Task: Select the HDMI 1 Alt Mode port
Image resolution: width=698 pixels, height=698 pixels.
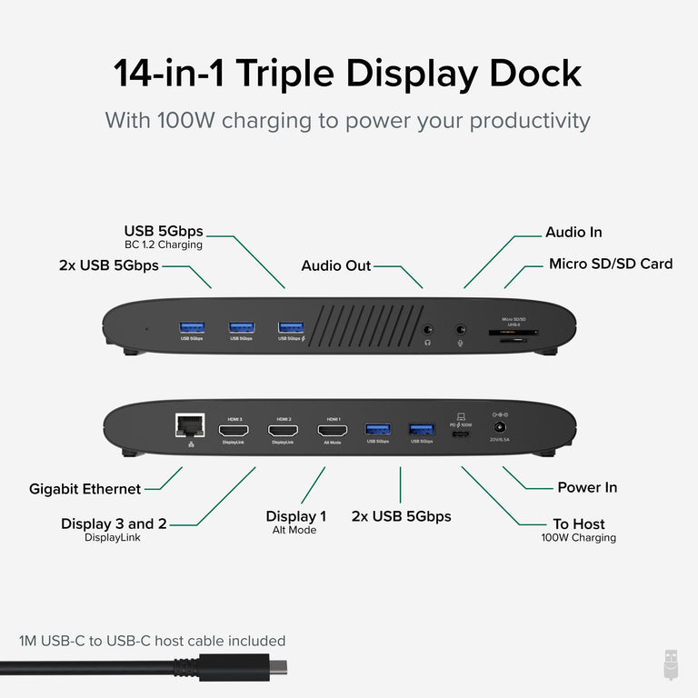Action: (x=333, y=429)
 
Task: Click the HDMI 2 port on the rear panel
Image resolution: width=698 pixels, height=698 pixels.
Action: (x=283, y=429)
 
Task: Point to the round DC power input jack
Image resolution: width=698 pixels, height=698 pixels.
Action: (x=499, y=426)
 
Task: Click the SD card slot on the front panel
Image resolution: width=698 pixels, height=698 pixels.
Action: (x=512, y=333)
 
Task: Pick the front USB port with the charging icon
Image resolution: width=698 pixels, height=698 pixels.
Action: (x=291, y=326)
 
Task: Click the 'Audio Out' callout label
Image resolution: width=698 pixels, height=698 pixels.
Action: (x=336, y=265)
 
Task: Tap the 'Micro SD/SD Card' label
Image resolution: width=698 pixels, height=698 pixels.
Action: (x=610, y=264)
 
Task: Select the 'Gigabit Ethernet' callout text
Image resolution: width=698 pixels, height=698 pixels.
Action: (x=85, y=489)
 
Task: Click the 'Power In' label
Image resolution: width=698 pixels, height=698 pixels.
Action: (x=587, y=487)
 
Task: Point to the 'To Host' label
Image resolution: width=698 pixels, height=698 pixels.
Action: (x=578, y=523)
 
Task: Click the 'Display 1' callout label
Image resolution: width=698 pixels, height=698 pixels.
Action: (x=295, y=516)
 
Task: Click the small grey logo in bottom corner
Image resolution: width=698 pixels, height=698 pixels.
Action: (x=671, y=664)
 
